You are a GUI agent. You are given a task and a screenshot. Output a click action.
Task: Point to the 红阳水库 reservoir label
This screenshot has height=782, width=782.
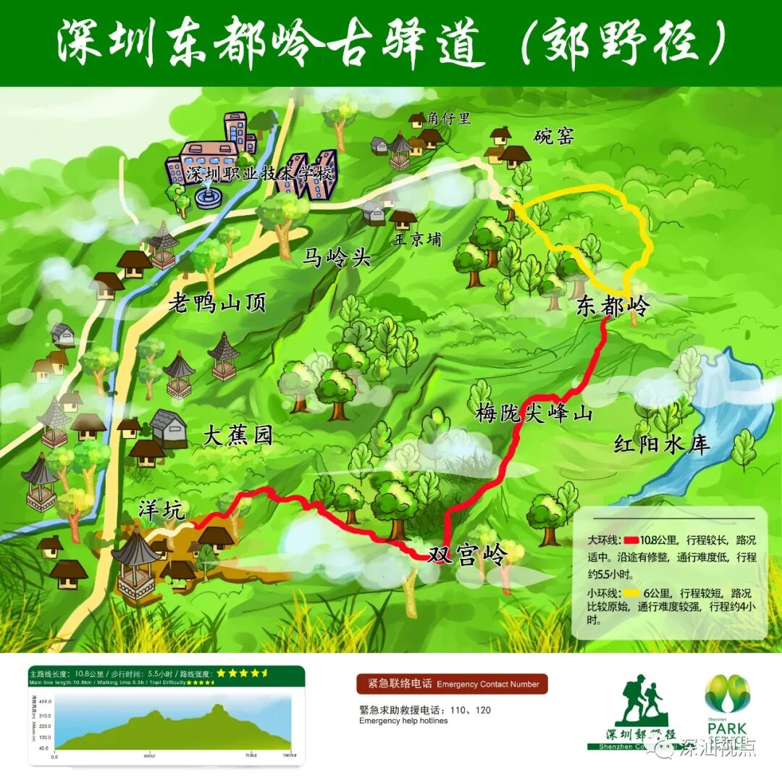coord(661,443)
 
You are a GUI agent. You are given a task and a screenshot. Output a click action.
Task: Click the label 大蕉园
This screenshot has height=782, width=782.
coord(237,436)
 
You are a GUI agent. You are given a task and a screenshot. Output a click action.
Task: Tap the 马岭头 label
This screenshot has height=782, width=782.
coord(336,256)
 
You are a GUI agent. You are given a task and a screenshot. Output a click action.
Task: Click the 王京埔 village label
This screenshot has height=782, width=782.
coord(418,239)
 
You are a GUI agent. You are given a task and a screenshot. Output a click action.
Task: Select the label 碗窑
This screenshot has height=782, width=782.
coord(554,136)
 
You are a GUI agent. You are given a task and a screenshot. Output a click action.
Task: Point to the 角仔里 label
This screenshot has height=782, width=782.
coord(449,118)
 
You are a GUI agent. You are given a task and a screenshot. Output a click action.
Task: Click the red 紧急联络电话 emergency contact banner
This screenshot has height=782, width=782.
coord(452,684)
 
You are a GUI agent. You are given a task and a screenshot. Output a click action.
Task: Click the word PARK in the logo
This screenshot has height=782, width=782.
coord(727,728)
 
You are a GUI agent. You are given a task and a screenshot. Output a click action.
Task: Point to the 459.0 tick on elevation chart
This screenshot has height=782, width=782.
coord(44,702)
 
